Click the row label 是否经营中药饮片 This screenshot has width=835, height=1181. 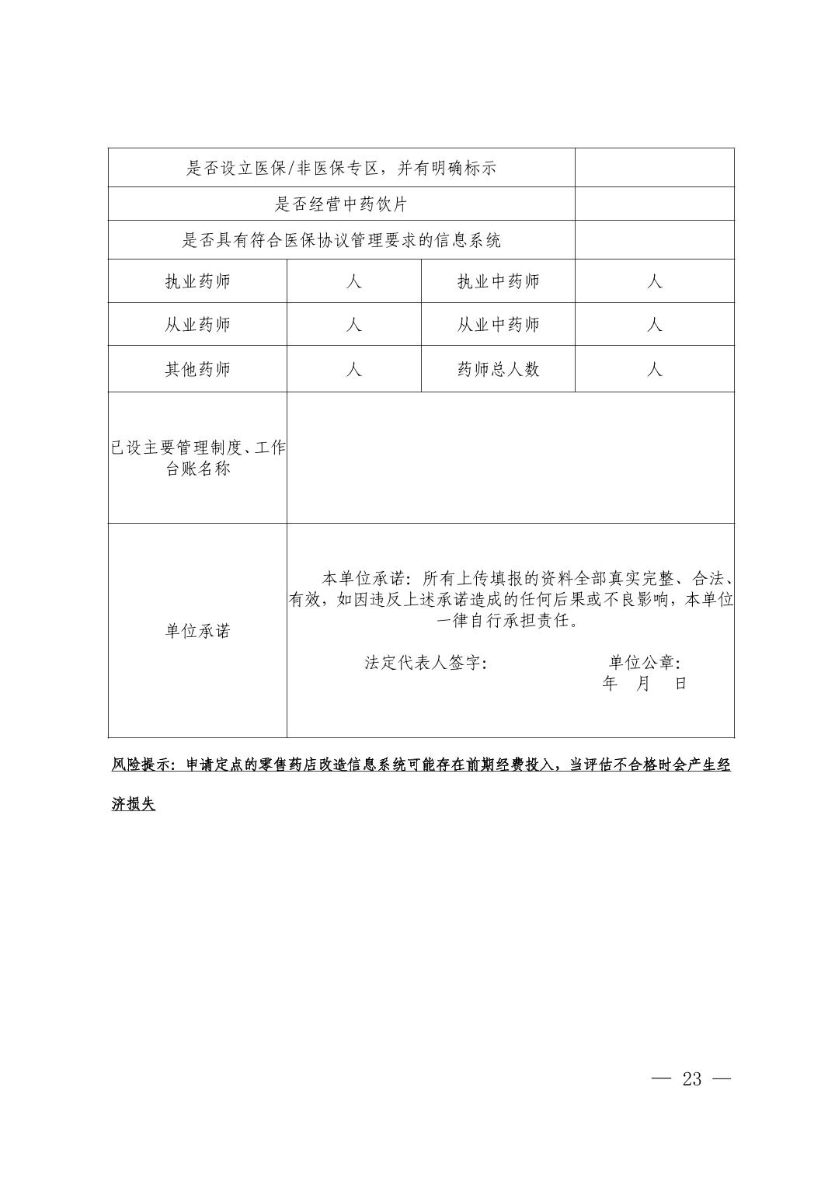point(342,204)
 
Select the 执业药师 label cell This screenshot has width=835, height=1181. point(197,281)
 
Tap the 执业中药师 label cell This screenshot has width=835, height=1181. point(498,281)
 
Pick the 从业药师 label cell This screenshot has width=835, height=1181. point(197,325)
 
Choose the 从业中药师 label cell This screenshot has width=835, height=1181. point(498,325)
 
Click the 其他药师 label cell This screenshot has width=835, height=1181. point(197,369)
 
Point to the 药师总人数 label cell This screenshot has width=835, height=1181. point(498,369)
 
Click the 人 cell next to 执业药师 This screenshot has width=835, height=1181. point(354,281)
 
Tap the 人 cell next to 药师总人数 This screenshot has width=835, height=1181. point(655,369)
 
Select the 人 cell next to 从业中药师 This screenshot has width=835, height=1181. point(655,325)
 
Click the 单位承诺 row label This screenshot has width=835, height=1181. point(197,631)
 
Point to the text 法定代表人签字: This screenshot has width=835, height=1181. point(426,663)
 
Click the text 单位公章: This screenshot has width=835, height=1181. point(645,663)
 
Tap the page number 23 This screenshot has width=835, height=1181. point(691,1078)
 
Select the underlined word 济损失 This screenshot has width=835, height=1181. point(134,805)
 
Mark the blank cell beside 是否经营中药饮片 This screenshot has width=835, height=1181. point(655,204)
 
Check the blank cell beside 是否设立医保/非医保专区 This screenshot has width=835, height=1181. point(655,168)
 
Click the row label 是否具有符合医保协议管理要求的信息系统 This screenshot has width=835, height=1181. point(342,240)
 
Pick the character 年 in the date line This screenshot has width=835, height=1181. point(611,684)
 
